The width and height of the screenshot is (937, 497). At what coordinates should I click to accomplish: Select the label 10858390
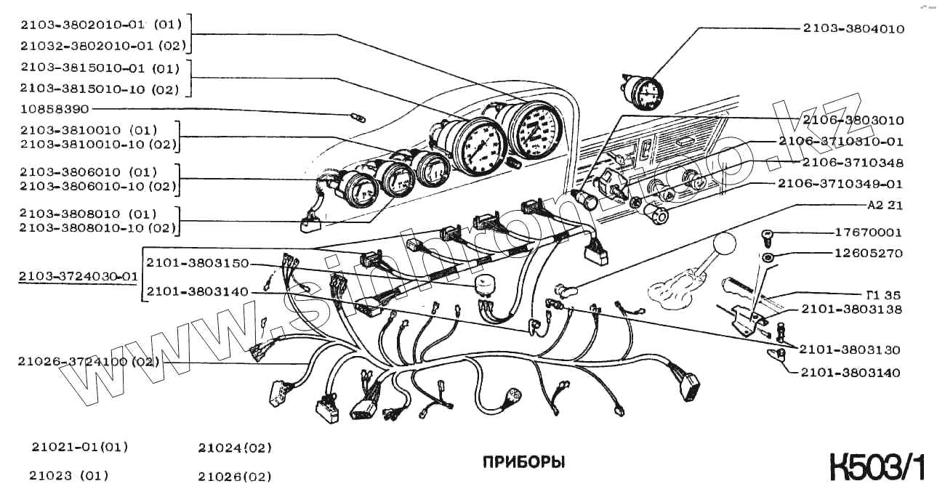(55, 110)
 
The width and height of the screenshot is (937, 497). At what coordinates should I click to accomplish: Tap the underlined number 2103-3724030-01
(78, 276)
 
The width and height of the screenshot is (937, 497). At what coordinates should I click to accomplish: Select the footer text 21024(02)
(235, 448)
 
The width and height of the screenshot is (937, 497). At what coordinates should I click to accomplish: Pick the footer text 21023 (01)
(68, 477)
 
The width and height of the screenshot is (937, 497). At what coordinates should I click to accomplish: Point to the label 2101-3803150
(197, 262)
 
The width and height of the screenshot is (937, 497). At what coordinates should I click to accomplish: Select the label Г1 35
(883, 295)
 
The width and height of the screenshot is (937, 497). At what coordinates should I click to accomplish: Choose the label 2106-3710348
(853, 163)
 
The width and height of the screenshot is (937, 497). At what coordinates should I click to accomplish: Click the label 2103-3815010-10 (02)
(100, 89)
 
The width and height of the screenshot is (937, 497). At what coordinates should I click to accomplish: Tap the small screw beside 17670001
(767, 234)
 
